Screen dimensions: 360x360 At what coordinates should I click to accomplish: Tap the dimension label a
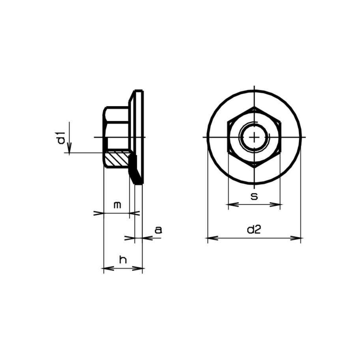(158, 230)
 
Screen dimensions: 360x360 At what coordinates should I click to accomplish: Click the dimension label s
(255, 196)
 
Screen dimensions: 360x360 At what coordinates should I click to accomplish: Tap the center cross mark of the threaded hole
(255, 137)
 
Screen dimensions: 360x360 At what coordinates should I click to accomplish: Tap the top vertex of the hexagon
(255, 107)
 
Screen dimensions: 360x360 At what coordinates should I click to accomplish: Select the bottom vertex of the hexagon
(255, 167)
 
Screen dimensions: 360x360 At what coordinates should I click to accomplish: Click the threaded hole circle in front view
(255, 127)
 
